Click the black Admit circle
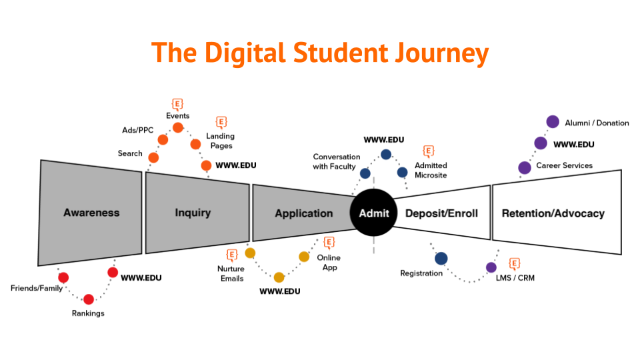[x=373, y=213]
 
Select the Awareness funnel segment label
[x=91, y=213]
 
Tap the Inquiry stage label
[x=193, y=213]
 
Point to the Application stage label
[x=303, y=213]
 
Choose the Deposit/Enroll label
[x=440, y=213]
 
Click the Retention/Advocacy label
[x=553, y=213]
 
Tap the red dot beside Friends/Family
[x=63, y=277]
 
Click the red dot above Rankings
[x=89, y=299]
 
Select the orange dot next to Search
[x=153, y=158]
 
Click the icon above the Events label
[x=177, y=103]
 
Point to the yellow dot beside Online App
[x=304, y=256]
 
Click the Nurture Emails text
[x=232, y=273]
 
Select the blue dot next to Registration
[x=441, y=258]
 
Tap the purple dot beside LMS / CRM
[x=491, y=267]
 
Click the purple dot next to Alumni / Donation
[x=552, y=122]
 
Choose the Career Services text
[x=564, y=165]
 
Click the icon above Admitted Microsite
[x=429, y=151]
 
